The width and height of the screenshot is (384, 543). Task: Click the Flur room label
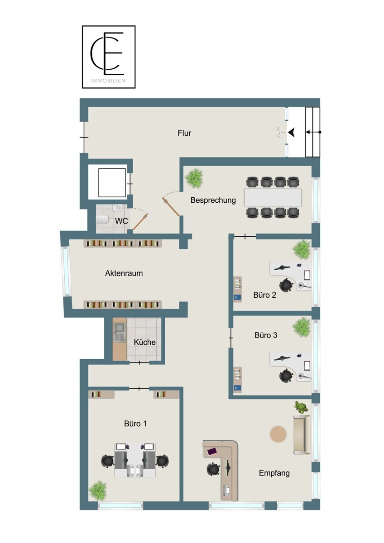pyautogui.click(x=184, y=133)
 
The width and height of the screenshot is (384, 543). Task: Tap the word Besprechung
pyautogui.click(x=213, y=200)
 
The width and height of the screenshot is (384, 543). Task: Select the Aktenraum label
pyautogui.click(x=124, y=273)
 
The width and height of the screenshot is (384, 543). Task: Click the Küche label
pyautogui.click(x=144, y=342)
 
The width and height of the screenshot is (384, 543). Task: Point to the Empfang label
pyautogui.click(x=274, y=473)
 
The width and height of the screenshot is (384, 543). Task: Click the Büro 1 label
pyautogui.click(x=135, y=424)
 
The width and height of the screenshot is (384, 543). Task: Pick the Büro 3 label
pyautogui.click(x=266, y=335)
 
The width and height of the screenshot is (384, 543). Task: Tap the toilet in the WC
pyautogui.click(x=102, y=219)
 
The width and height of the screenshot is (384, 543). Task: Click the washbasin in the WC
pyautogui.click(x=118, y=208)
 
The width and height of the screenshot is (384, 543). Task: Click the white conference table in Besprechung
pyautogui.click(x=273, y=197)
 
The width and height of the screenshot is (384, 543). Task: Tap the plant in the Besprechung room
pyautogui.click(x=194, y=178)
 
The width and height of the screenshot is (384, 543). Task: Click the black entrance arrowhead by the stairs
pyautogui.click(x=292, y=132)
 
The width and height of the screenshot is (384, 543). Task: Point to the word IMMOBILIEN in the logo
pyautogui.click(x=108, y=81)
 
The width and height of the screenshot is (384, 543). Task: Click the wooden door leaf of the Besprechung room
pyautogui.click(x=171, y=207)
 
